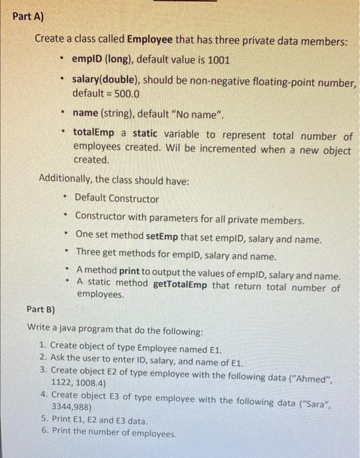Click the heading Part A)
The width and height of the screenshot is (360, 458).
click(27, 16)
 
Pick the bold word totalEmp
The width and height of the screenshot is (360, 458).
click(94, 135)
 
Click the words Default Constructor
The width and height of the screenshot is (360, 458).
click(117, 198)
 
